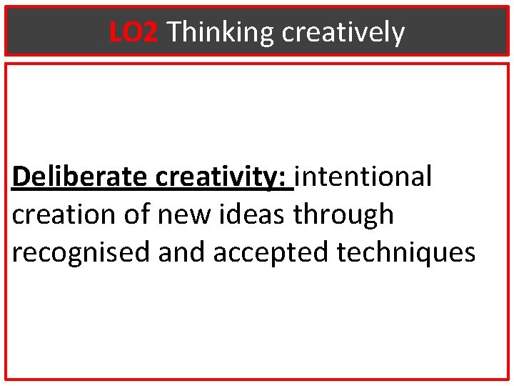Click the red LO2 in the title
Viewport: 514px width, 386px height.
point(133,32)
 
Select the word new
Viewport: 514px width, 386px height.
point(175,214)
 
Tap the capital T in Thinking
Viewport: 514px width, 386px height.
point(173,32)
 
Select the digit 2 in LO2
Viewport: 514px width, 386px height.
point(149,32)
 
